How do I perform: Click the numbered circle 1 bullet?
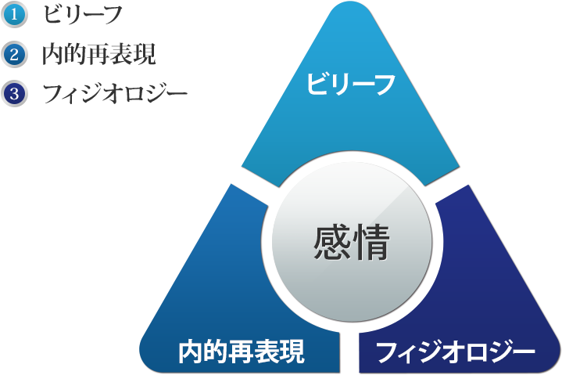[14, 15]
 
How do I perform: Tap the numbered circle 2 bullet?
[14, 55]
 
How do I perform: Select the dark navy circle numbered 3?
[14, 94]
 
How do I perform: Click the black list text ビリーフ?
[83, 15]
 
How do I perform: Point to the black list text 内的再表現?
[99, 54]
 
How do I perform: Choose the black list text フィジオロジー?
[116, 94]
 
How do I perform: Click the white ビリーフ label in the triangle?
[351, 85]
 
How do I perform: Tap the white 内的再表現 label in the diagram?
[242, 351]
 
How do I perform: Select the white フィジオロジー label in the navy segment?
[455, 352]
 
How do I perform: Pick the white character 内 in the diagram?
[191, 351]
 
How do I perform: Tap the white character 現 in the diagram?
[292, 351]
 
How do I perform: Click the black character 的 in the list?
[77, 54]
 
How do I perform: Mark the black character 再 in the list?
[99, 54]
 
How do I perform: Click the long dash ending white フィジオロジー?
[522, 351]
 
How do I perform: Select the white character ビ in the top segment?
[317, 85]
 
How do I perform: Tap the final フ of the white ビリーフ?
[385, 85]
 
